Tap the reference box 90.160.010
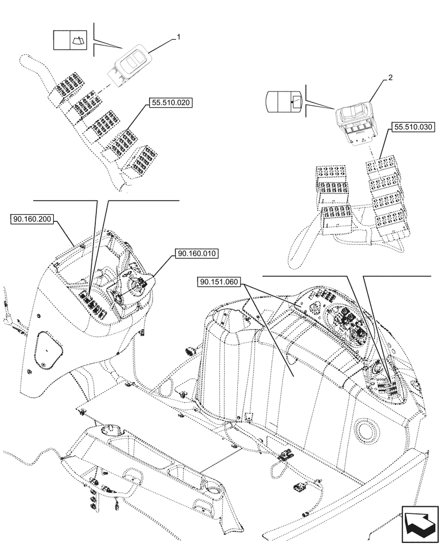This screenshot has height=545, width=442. (197, 253)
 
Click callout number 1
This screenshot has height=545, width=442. (177, 37)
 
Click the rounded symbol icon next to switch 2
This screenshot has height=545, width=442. (283, 101)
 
